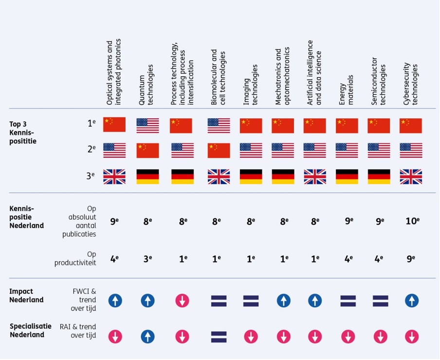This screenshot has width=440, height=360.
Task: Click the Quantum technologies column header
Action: pyautogui.click(x=146, y=85)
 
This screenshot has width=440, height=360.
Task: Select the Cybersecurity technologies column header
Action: pyautogui.click(x=411, y=84)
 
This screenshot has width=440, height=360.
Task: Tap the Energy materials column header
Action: pyautogui.click(x=346, y=90)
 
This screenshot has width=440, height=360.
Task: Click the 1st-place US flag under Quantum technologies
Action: pyautogui.click(x=147, y=126)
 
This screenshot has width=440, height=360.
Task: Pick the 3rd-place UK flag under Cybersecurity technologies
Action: pyautogui.click(x=411, y=176)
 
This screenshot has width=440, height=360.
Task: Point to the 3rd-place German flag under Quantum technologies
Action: pyautogui.click(x=147, y=176)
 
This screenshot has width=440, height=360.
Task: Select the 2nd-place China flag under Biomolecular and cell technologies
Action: pyautogui.click(x=219, y=151)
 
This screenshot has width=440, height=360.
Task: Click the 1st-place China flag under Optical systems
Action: pyautogui.click(x=114, y=125)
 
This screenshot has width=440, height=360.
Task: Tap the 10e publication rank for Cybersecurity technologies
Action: pyautogui.click(x=412, y=221)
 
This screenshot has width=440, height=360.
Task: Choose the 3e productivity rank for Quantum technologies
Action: pyautogui.click(x=147, y=259)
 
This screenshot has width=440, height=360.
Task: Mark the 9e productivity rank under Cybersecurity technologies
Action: pyautogui.click(x=411, y=259)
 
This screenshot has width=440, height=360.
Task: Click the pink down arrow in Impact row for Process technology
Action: pyautogui.click(x=183, y=301)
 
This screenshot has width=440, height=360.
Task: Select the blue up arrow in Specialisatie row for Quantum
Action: pyautogui.click(x=147, y=336)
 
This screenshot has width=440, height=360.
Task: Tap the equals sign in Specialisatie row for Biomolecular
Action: pyautogui.click(x=219, y=336)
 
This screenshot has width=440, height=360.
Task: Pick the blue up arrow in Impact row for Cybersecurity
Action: pyautogui.click(x=412, y=301)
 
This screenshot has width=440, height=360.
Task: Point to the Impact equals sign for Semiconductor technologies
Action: pyautogui.click(x=380, y=301)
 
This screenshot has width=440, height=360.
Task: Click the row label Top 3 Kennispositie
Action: pyautogui.click(x=23, y=133)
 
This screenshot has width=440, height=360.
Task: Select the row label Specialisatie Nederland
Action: pyautogui.click(x=30, y=330)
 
